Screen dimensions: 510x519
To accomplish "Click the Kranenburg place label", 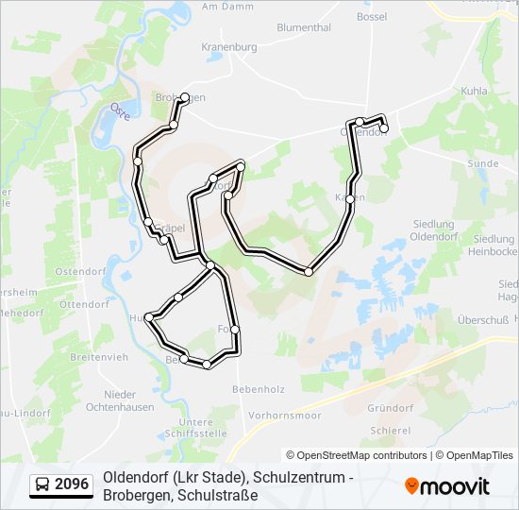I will point(229,46).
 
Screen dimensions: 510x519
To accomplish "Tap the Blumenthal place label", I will point(304,28).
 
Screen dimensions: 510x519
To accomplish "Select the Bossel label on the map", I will point(373,17).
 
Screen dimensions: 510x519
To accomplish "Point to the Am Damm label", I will point(223,6).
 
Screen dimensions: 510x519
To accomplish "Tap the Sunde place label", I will point(482,163).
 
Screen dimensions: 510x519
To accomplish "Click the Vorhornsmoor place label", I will point(289,416).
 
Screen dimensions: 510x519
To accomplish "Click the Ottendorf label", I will point(85,305).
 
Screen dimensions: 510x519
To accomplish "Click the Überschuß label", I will point(483,320).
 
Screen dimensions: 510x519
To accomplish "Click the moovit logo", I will point(447,486).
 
